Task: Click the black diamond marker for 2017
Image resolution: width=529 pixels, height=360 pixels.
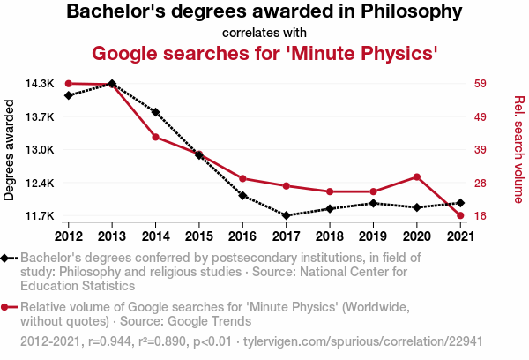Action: pos(286,215)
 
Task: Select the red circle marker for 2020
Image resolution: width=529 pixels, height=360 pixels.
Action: pos(416,176)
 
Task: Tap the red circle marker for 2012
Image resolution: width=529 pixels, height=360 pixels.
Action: pos(69,84)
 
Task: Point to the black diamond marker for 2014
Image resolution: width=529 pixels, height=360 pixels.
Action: pos(155,112)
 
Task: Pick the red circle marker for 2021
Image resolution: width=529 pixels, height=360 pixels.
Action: pos(459,215)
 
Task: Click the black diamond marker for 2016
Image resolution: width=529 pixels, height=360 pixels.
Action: pos(242,196)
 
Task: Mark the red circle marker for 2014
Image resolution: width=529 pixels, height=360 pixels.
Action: pos(155,137)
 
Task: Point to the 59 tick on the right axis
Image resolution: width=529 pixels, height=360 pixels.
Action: pos(481,84)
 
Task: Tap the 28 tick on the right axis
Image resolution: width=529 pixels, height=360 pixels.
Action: pos(481,183)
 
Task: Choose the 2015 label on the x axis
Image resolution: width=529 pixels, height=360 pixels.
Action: pos(199,236)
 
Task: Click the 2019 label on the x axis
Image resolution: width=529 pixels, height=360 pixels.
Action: pos(373,236)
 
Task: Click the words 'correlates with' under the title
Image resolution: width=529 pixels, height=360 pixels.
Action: pos(264,33)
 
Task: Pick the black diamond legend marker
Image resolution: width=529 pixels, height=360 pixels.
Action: pos(7,258)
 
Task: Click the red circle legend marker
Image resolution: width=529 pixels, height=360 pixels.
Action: pos(7,307)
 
